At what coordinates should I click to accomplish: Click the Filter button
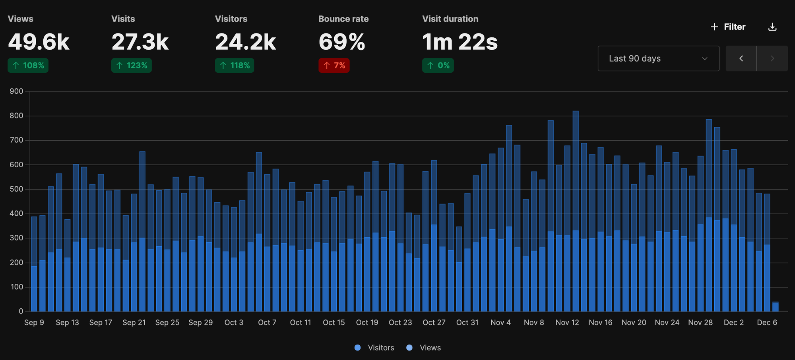[728, 27]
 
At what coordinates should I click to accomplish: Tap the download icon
[772, 27]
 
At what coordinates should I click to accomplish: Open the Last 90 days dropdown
[658, 58]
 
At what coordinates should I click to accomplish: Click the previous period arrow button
[741, 58]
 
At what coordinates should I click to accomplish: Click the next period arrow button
[772, 58]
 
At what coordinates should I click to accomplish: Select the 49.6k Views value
[39, 42]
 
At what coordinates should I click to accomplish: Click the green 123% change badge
[132, 66]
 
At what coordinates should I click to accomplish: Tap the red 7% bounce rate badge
[334, 66]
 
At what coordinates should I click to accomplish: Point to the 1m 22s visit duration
[460, 42]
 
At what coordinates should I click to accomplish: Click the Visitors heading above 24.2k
[231, 19]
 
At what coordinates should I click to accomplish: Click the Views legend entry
[424, 348]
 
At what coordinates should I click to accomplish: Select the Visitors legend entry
[374, 348]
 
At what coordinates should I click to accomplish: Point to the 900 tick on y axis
[16, 91]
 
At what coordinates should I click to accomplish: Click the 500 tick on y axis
[16, 189]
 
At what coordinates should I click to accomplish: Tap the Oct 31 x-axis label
[467, 323]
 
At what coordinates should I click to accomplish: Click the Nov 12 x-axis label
[567, 323]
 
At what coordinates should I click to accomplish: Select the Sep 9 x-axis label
[34, 323]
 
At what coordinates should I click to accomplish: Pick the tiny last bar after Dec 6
[775, 307]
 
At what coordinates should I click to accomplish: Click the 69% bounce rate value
[341, 42]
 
